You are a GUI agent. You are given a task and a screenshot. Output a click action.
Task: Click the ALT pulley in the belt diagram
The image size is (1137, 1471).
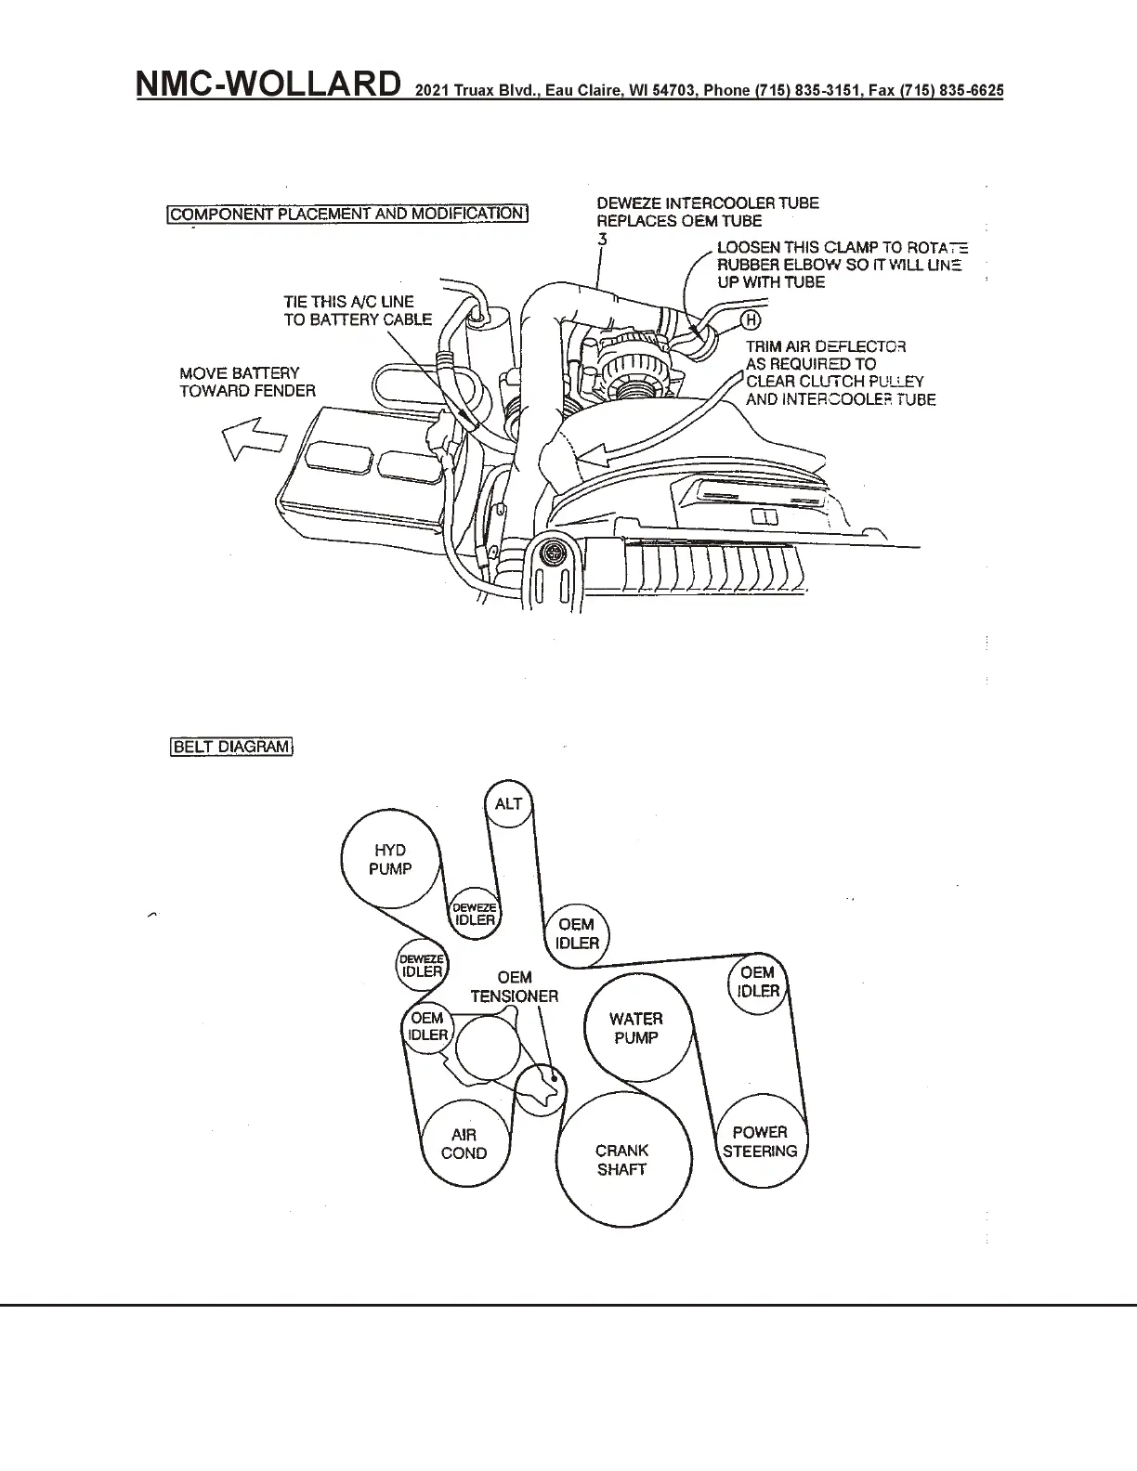click(508, 803)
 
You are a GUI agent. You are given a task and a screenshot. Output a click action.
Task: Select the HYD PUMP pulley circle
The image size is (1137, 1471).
click(389, 859)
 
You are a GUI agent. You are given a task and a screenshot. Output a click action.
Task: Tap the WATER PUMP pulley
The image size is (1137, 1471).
click(636, 1028)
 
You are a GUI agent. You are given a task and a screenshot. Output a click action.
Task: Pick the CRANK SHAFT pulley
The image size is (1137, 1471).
click(622, 1160)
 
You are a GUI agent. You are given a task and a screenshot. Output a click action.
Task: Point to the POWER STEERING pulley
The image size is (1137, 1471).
click(760, 1141)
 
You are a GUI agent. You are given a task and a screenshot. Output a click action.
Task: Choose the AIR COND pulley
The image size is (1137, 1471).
click(464, 1144)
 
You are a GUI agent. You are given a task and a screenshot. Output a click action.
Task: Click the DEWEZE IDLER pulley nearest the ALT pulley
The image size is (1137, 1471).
click(474, 916)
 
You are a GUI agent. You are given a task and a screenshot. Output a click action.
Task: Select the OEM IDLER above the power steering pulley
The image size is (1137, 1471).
click(758, 982)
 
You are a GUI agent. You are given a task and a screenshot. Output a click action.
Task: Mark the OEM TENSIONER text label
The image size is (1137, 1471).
click(515, 987)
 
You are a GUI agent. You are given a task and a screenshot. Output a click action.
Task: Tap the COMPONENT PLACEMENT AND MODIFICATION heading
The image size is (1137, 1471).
click(347, 214)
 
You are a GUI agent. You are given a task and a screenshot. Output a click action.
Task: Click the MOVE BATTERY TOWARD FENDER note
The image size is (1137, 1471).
click(247, 382)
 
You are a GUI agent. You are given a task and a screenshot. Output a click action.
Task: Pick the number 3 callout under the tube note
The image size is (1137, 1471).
click(602, 239)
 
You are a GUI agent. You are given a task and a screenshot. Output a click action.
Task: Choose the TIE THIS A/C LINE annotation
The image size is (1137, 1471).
click(358, 311)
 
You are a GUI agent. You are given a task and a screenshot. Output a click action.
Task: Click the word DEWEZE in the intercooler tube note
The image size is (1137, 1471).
click(629, 203)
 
